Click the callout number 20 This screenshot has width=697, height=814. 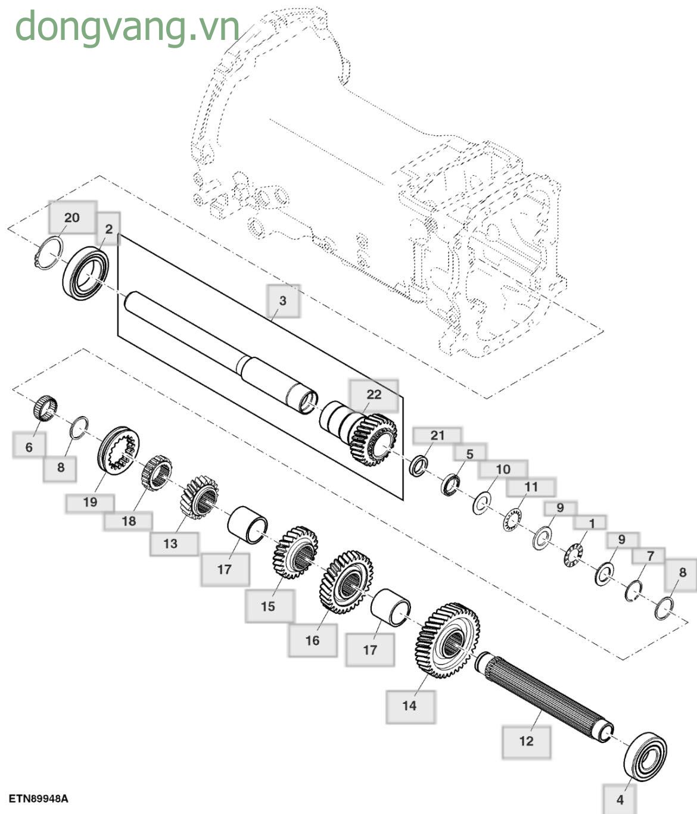[71, 217]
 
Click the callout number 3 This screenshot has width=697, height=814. [283, 300]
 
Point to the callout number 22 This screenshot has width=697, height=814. [374, 394]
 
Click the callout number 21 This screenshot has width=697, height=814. [437, 435]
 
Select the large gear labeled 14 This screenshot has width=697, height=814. [447, 640]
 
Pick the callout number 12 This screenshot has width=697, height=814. [526, 741]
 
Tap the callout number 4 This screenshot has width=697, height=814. [620, 799]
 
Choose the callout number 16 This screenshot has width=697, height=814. [312, 640]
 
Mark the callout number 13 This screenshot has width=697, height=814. [170, 543]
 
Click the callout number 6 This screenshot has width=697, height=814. [29, 447]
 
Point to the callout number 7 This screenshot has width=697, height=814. [651, 556]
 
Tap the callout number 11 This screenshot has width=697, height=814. [531, 486]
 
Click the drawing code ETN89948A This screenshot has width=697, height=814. [38, 798]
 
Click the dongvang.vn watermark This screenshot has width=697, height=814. [127, 26]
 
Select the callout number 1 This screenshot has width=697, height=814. [592, 523]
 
